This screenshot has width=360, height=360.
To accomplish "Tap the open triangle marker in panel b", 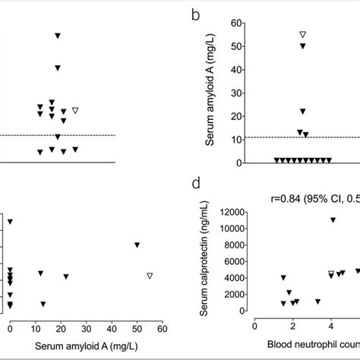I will coord(302,35).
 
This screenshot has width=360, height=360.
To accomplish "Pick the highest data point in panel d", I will coord(333,220).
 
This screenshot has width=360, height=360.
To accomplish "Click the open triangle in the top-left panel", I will coord(75,111).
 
